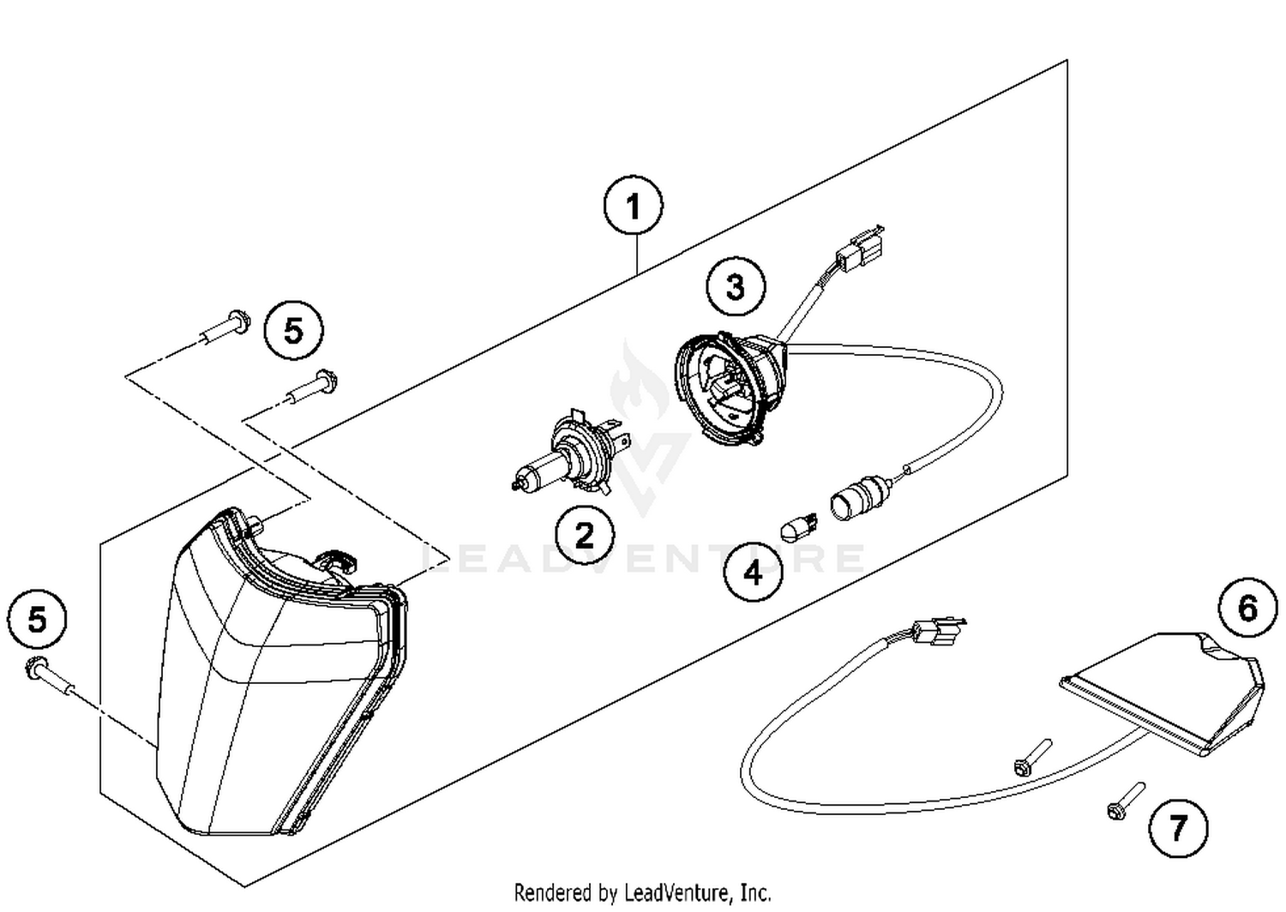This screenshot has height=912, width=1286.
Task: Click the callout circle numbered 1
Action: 633,206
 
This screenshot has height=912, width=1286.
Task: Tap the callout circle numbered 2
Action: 585,536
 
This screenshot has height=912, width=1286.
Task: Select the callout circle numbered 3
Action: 736,286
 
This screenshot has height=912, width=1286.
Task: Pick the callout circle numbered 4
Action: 753,571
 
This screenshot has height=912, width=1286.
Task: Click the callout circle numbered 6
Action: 1247,608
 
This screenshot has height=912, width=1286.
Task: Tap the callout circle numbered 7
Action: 1178,827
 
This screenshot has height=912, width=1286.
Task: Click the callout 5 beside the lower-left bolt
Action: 37,619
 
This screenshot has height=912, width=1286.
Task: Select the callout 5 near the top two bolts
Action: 293,330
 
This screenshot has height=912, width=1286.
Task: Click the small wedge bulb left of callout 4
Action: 798,525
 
